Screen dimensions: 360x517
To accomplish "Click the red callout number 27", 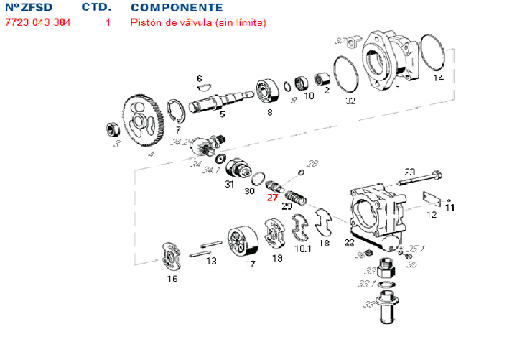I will tap(272, 198).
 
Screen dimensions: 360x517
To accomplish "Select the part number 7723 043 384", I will tap(38, 22).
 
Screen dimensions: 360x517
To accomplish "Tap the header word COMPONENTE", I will tap(172, 7).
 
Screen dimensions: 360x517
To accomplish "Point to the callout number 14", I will tap(438, 78).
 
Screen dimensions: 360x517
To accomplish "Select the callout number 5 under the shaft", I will tap(222, 114).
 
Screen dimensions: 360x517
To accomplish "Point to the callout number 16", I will tap(172, 279).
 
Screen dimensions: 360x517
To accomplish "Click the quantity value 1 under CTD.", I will tap(108, 22).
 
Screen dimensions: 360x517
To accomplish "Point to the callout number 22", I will tap(349, 242).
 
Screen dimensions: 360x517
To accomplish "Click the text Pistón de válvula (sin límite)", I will tap(197, 22).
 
